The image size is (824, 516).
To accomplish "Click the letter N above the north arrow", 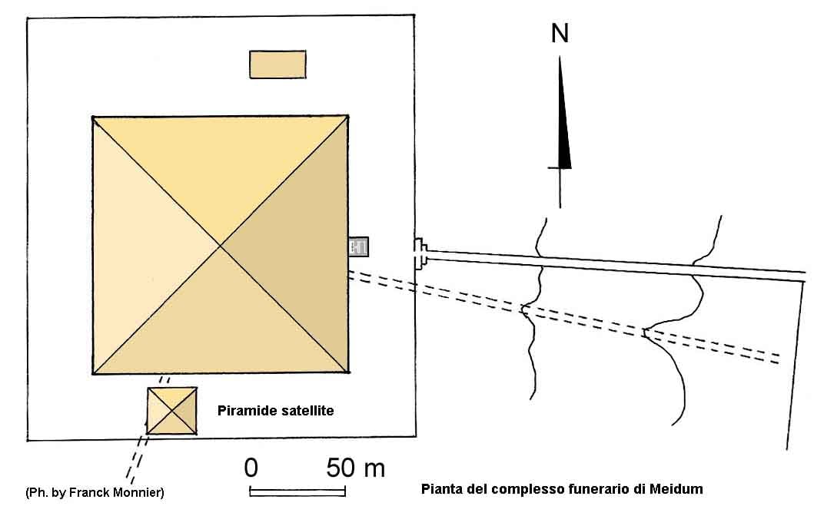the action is (x=560, y=34).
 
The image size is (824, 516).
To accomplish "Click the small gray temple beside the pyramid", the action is (x=358, y=246).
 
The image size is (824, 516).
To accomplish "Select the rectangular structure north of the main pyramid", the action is (x=277, y=64).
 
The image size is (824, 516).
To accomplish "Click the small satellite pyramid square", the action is (x=172, y=411).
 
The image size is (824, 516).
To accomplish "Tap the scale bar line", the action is (x=297, y=492).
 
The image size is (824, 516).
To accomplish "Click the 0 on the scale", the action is (x=251, y=468).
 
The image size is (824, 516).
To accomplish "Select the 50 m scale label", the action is (x=356, y=468).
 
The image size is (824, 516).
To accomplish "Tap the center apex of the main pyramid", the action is (x=220, y=245).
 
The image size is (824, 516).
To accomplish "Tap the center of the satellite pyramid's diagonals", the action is (x=172, y=411).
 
